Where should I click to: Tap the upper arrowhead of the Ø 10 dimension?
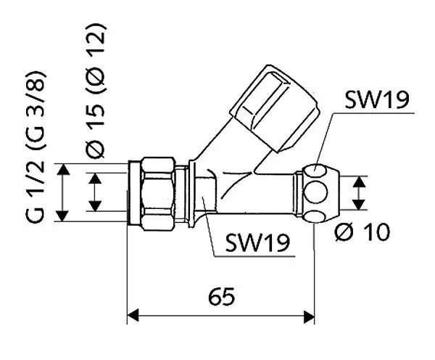(x=357, y=180)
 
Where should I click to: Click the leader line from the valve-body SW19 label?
(x=210, y=229)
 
